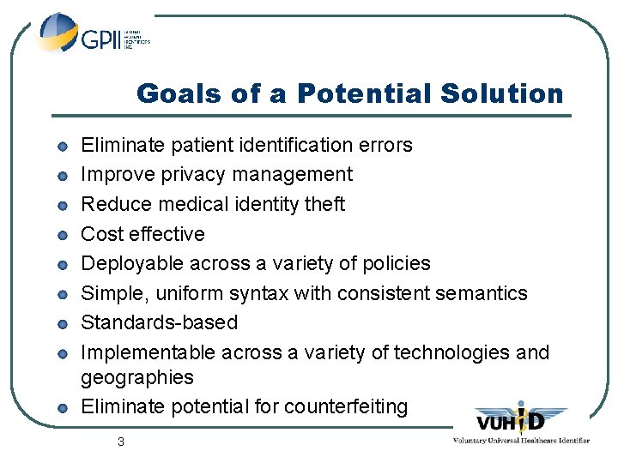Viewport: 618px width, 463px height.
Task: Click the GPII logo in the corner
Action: point(93,35)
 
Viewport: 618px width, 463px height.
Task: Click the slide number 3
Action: point(121,442)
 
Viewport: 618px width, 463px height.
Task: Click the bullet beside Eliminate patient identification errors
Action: point(63,147)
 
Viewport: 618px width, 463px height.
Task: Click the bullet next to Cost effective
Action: point(63,235)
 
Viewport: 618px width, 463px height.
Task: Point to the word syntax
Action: point(257,293)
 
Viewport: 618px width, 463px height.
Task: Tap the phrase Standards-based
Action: point(159,322)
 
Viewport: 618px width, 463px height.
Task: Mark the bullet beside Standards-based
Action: point(63,324)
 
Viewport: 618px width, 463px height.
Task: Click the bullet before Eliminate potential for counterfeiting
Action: point(63,407)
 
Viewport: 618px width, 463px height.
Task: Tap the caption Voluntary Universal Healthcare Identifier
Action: point(521,440)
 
